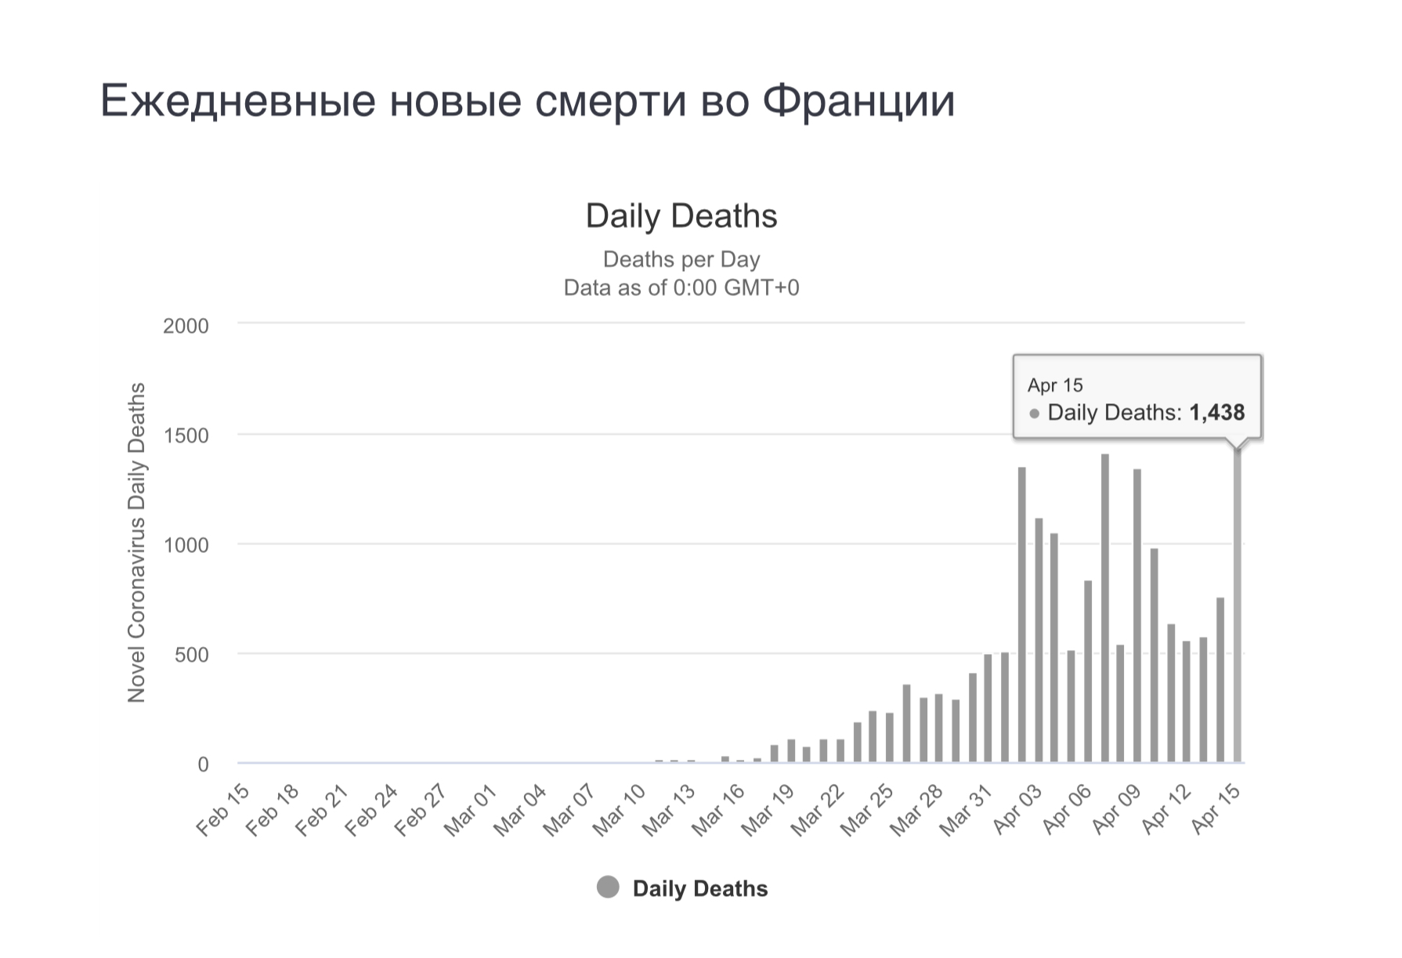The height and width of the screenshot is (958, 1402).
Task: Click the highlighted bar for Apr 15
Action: pyautogui.click(x=1238, y=611)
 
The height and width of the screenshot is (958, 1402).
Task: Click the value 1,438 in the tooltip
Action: pyautogui.click(x=1216, y=413)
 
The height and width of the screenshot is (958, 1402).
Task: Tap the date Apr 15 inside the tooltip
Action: pyautogui.click(x=1055, y=385)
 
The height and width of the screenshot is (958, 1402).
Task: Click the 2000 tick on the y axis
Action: pyautogui.click(x=186, y=326)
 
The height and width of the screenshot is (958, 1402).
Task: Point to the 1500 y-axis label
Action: pyautogui.click(x=186, y=436)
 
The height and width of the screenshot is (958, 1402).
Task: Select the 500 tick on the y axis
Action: pyautogui.click(x=191, y=655)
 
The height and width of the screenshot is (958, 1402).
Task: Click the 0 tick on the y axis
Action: pyautogui.click(x=203, y=765)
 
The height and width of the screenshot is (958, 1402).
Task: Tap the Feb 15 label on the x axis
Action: pyautogui.click(x=222, y=810)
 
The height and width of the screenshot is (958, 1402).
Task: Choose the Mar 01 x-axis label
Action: pyautogui.click(x=471, y=810)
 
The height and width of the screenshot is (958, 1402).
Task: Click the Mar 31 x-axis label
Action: pyautogui.click(x=967, y=810)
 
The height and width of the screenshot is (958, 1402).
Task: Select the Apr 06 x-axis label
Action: pyautogui.click(x=1067, y=810)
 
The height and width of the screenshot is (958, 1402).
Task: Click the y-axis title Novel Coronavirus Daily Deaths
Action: pyautogui.click(x=136, y=542)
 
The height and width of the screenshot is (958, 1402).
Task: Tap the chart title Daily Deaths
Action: pyautogui.click(x=681, y=216)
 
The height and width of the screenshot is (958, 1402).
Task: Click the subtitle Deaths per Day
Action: pyautogui.click(x=681, y=259)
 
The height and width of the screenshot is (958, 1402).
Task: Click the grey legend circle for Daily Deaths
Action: pyautogui.click(x=608, y=888)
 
